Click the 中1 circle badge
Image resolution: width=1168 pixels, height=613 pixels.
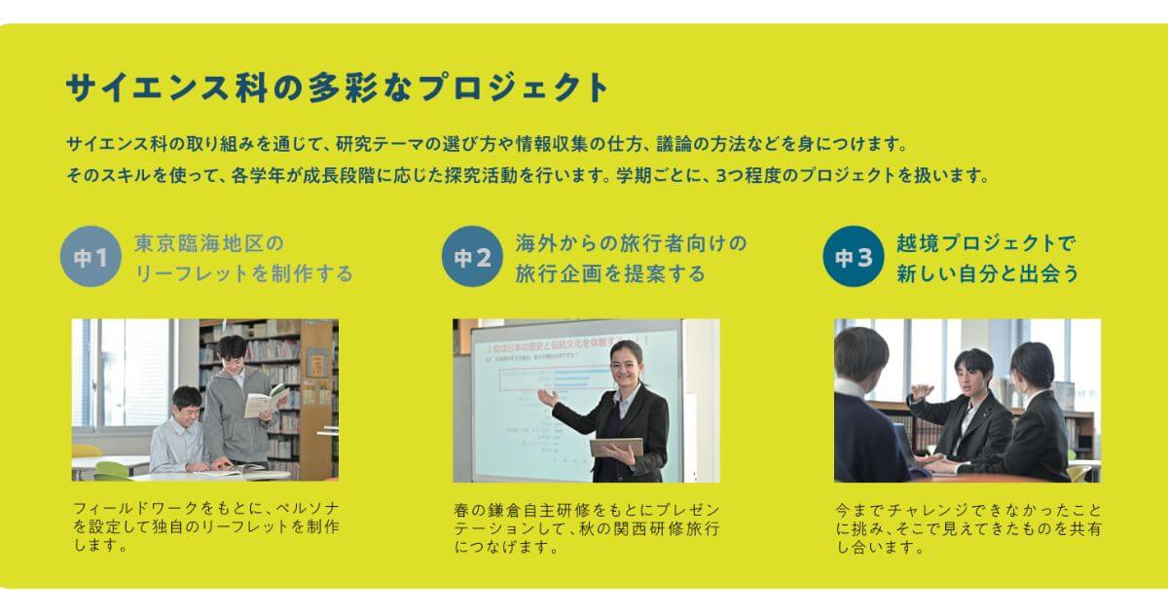pyautogui.click(x=91, y=256)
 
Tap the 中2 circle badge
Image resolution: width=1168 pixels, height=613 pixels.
pyautogui.click(x=472, y=256)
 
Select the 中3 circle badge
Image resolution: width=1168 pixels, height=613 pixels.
pyautogui.click(x=854, y=256)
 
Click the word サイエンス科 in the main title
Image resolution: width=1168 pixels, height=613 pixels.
pyautogui.click(x=166, y=87)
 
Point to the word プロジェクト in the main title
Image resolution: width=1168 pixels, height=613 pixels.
pyautogui.click(x=513, y=87)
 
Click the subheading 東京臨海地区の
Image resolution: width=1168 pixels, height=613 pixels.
pyautogui.click(x=209, y=243)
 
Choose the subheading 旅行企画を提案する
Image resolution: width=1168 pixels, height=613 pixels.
pyautogui.click(x=610, y=273)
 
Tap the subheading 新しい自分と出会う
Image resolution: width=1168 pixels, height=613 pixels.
pyautogui.click(x=988, y=273)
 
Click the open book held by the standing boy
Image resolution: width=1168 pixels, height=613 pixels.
pyautogui.click(x=266, y=400)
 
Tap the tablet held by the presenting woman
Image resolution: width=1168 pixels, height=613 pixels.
pyautogui.click(x=617, y=448)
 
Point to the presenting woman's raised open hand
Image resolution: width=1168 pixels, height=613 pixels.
pyautogui.click(x=548, y=399)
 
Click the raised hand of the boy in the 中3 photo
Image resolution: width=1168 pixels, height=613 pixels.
pyautogui.click(x=922, y=391)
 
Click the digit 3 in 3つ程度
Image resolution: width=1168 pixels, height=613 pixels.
pyautogui.click(x=721, y=176)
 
